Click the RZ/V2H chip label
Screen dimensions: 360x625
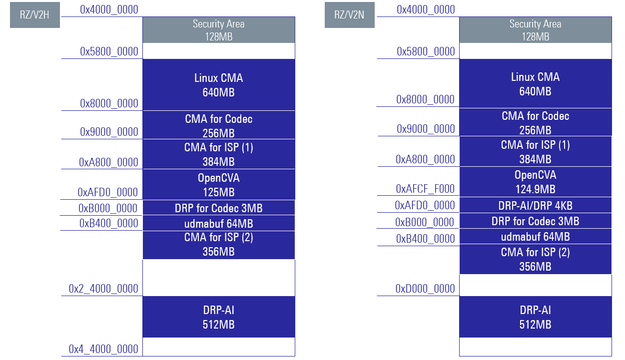(x=35, y=15)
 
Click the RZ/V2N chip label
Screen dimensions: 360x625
(x=349, y=15)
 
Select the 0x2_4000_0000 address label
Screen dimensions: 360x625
(x=103, y=289)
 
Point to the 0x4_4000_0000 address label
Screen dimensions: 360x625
(x=103, y=349)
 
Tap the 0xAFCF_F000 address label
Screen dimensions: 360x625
(x=425, y=189)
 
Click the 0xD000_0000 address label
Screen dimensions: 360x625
(x=425, y=289)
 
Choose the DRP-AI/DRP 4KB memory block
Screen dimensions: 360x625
(x=535, y=205)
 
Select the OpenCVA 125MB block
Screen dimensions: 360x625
(x=218, y=185)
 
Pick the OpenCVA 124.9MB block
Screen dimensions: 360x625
(x=535, y=182)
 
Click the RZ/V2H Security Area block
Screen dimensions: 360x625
(x=218, y=30)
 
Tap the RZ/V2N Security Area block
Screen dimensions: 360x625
(x=535, y=30)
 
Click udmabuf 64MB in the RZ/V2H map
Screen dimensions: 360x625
(x=218, y=223)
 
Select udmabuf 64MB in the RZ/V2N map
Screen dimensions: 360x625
(x=535, y=237)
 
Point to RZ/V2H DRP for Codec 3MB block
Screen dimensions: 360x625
(x=218, y=208)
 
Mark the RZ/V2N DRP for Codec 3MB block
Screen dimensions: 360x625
(x=535, y=221)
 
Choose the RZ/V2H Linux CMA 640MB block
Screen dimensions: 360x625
(x=218, y=85)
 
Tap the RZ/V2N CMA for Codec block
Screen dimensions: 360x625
(x=535, y=123)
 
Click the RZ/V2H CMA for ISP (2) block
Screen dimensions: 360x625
(x=218, y=245)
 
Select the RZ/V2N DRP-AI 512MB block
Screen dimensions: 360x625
(x=535, y=317)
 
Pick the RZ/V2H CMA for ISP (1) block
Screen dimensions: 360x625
(x=218, y=154)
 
